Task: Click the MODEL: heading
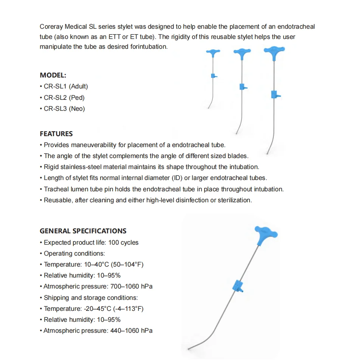click(x=53, y=75)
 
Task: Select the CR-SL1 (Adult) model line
click(x=65, y=86)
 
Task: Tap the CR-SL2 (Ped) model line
click(x=64, y=98)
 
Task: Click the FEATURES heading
click(x=56, y=133)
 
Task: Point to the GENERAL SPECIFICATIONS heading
click(x=83, y=231)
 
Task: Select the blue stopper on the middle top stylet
click(x=243, y=87)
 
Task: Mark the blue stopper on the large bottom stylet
click(x=239, y=287)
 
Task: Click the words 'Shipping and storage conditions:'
click(x=91, y=298)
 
